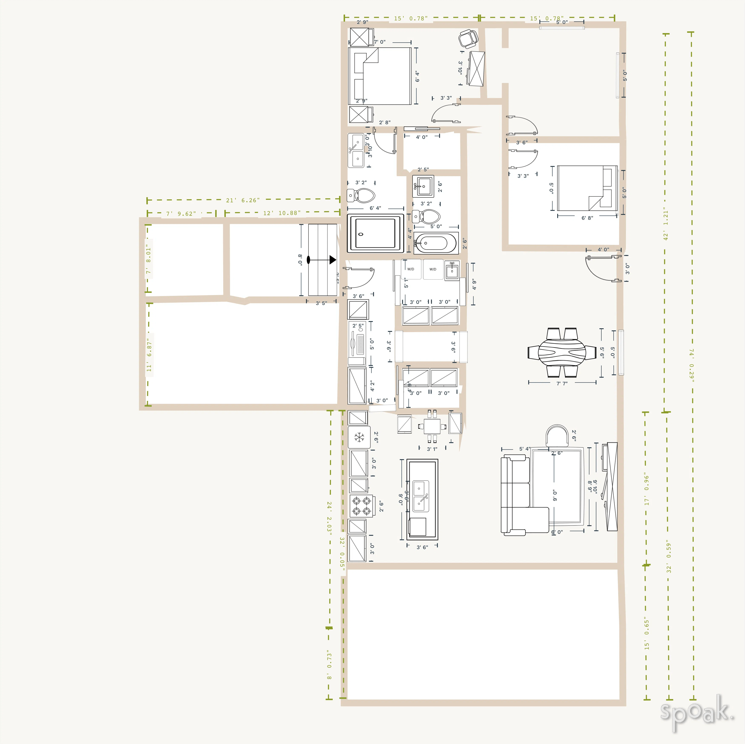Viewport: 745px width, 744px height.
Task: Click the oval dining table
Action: (562, 352)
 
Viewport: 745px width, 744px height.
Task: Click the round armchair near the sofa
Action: (557, 436)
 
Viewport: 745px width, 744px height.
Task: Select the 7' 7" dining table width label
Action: (562, 384)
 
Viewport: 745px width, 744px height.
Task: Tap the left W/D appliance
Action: (411, 269)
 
